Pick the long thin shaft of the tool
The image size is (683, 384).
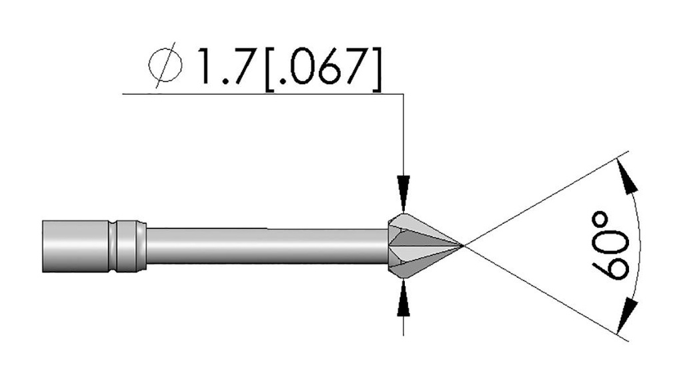pos(267,246)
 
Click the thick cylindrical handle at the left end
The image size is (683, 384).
pos(73,246)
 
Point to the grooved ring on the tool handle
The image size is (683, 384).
pos(127,246)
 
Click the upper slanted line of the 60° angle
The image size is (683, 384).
pos(547,197)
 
